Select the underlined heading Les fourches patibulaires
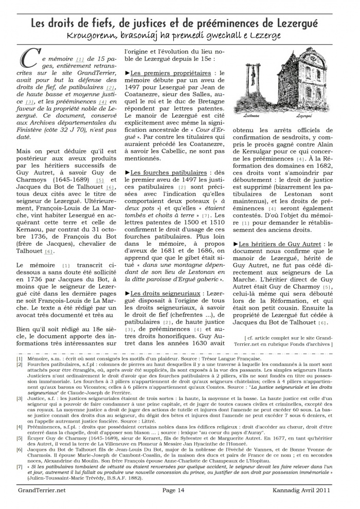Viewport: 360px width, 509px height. pos(169,173)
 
